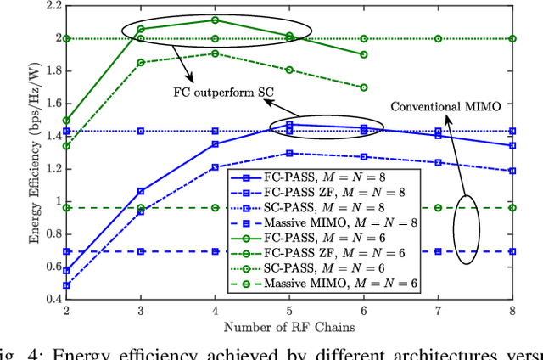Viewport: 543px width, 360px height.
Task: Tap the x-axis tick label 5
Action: point(289,312)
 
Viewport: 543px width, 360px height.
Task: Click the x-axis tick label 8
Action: point(512,312)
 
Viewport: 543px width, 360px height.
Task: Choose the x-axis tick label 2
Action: point(67,312)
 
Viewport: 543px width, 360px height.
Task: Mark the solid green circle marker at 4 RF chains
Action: point(216,20)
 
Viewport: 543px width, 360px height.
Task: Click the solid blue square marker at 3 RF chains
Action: point(141,191)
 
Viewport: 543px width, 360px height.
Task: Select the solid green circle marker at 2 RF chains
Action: point(67,120)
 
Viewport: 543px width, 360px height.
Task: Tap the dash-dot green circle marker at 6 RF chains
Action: point(364,87)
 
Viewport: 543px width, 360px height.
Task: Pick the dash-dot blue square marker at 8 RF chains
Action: point(512,171)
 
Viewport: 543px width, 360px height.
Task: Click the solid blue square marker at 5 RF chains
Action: point(289,125)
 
